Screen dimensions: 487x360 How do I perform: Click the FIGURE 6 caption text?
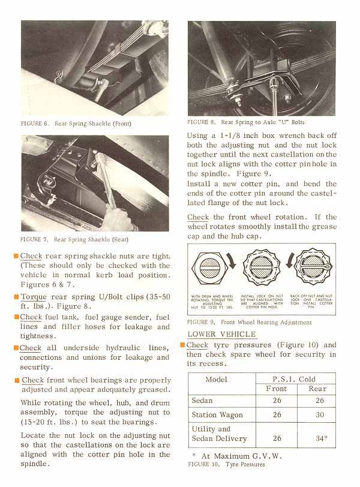point(76,124)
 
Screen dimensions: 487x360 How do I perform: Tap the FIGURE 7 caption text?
point(74,239)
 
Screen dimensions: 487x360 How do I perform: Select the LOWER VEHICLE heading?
point(221,334)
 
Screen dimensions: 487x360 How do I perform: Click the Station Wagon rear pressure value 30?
point(320,414)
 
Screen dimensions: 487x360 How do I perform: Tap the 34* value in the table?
point(321,438)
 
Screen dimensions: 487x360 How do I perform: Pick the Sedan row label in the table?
point(202,400)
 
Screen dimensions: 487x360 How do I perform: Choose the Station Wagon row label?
point(217,414)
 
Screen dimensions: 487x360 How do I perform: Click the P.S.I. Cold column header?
point(294,379)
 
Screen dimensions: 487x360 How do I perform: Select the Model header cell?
point(216,379)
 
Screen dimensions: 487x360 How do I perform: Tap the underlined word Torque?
point(34,297)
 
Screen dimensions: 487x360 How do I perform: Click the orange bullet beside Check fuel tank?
point(16,317)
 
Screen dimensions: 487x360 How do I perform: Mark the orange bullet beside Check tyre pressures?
point(182,345)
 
